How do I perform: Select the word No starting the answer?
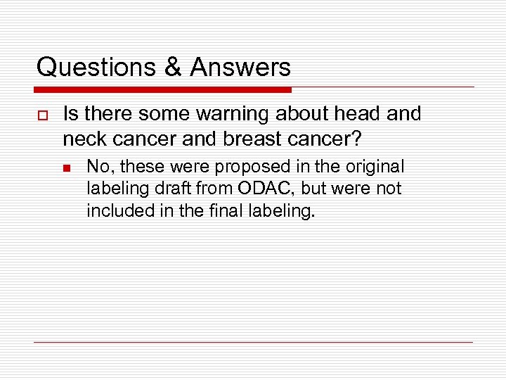97,167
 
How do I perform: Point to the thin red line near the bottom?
253,343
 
